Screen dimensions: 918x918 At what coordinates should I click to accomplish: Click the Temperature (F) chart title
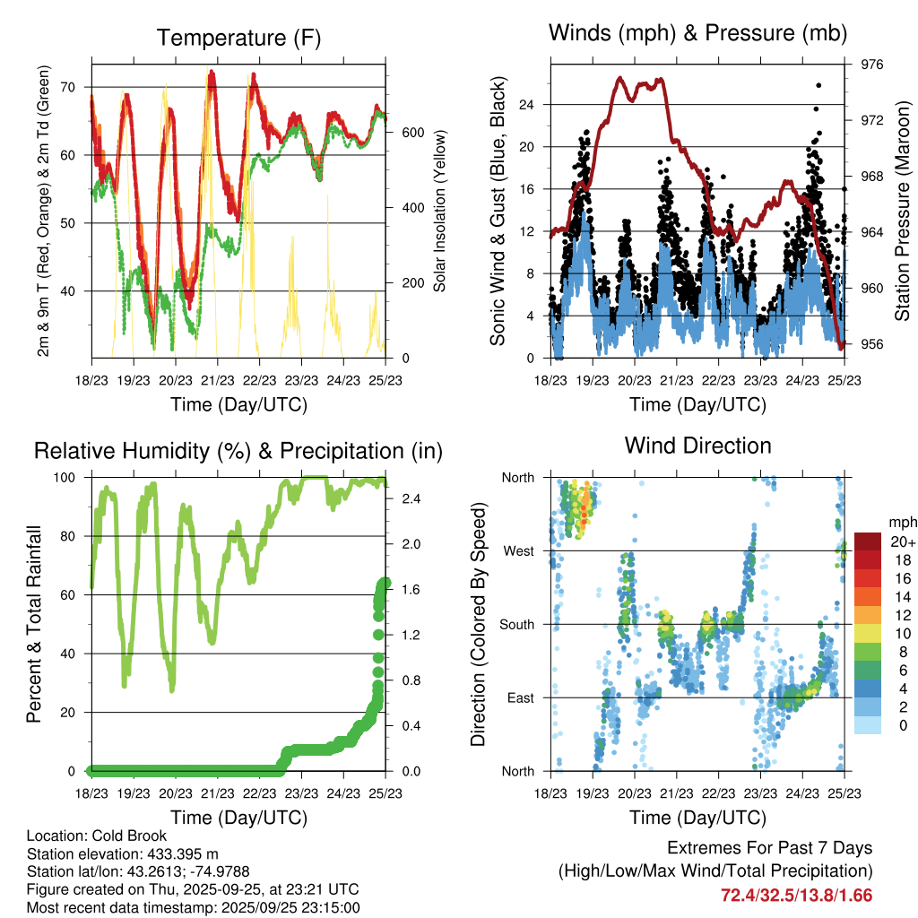pos(238,38)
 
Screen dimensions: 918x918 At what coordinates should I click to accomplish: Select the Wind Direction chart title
pos(697,445)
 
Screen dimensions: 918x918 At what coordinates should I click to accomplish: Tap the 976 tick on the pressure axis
pos(872,65)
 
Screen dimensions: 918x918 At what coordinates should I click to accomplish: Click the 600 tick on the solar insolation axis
pos(412,132)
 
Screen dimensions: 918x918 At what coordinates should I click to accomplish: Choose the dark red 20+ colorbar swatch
pos(869,541)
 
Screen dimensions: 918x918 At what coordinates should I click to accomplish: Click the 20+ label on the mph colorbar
pos(901,541)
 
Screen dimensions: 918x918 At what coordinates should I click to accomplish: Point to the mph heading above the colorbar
pos(900,522)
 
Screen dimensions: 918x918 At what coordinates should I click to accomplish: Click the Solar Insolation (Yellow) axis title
pos(439,212)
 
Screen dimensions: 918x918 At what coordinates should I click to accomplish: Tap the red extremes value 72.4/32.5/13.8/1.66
pos(796,895)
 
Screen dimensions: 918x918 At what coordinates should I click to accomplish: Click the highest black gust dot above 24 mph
pos(818,85)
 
